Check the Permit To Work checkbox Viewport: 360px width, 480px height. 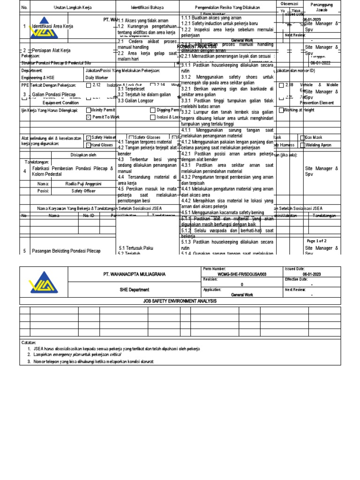coord(89,116)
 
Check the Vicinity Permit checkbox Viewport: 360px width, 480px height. coord(89,110)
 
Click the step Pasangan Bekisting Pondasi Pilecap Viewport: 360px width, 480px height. coord(66,251)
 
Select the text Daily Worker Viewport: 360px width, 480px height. coord(97,78)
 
